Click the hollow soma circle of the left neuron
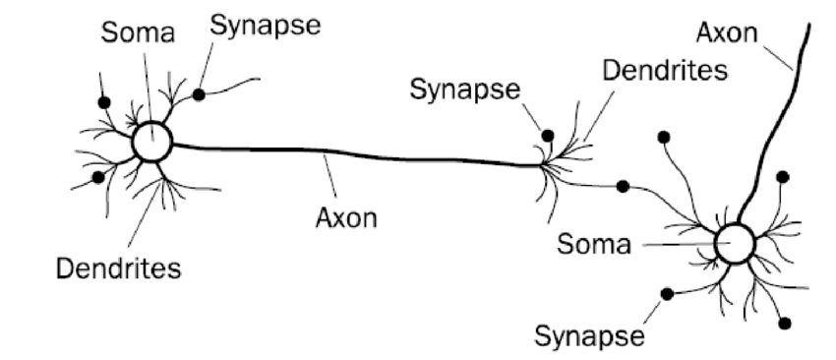click(x=152, y=144)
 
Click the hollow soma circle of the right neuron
click(x=734, y=243)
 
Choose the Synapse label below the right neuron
click(x=590, y=334)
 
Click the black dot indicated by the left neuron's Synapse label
click(x=199, y=94)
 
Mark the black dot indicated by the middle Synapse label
click(x=548, y=135)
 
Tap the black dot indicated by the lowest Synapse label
click(x=667, y=293)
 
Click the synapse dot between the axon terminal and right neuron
click(x=622, y=186)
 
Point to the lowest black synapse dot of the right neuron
click(x=783, y=323)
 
